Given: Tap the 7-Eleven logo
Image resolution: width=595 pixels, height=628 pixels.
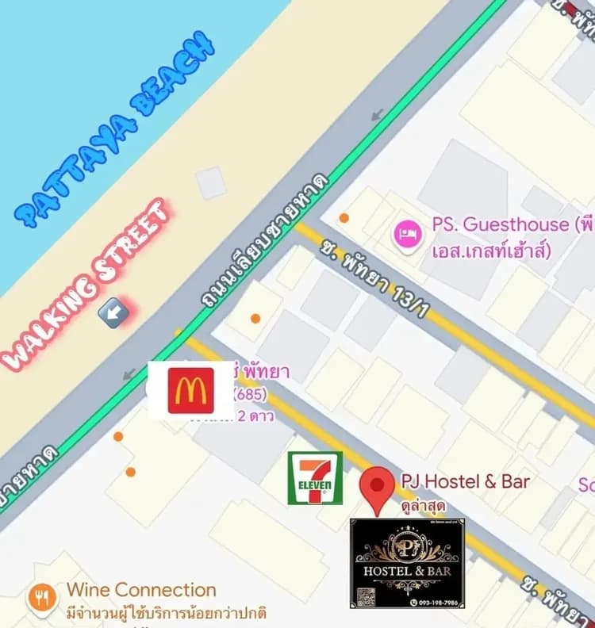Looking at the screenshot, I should [315, 477].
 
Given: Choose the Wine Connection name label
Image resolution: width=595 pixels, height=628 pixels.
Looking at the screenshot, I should [141, 589].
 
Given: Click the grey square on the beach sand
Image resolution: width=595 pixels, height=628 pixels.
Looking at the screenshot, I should [211, 183].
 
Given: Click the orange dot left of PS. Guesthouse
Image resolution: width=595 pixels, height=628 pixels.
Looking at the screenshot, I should [344, 217].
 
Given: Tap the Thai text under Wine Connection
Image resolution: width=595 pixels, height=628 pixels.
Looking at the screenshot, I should [167, 613].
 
